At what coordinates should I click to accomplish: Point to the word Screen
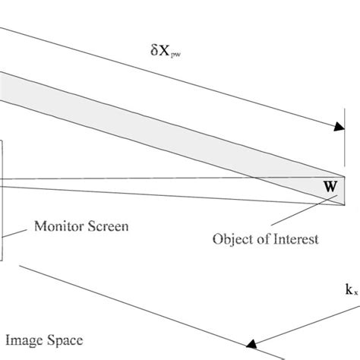tap(108, 226)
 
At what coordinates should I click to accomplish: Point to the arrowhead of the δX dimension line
tap(335, 131)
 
